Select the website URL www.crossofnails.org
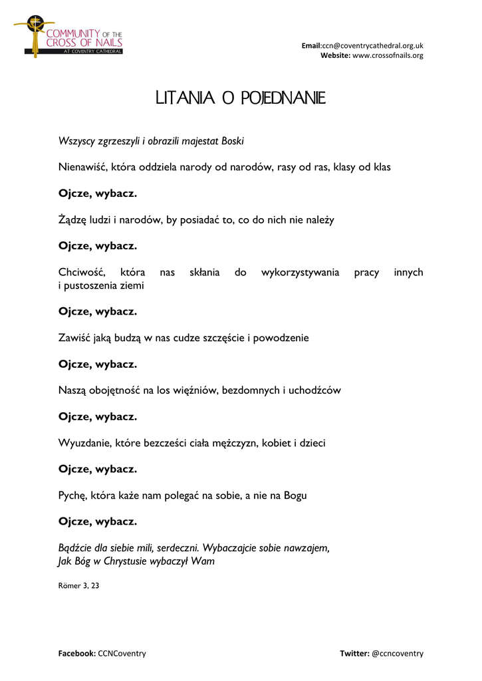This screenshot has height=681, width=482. pos(388,55)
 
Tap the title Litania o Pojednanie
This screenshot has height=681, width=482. pos(240,99)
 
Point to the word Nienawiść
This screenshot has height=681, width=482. pos(83,167)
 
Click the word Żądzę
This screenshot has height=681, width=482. pos(72,219)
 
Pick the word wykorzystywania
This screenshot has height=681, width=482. pos(300,273)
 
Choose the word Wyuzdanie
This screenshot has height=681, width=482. pos(83,443)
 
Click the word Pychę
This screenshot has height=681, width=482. pos(72,495)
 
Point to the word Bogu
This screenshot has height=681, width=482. pos(293,495)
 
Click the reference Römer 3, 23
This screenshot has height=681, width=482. pos(79,586)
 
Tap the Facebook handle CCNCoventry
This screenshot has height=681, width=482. pos(122,653)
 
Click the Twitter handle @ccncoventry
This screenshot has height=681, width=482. pos(398,653)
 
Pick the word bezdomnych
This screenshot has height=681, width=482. pos(251,390)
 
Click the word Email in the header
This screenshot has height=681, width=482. pos(311,45)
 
